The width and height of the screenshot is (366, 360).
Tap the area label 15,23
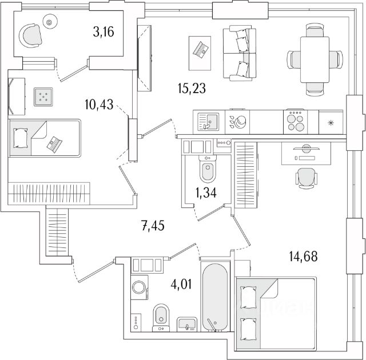191,88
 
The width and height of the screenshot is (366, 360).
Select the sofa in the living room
236,54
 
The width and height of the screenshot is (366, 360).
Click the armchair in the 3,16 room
31,38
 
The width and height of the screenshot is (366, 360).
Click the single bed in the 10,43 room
45,138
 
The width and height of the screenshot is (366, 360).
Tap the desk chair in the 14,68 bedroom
305,178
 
